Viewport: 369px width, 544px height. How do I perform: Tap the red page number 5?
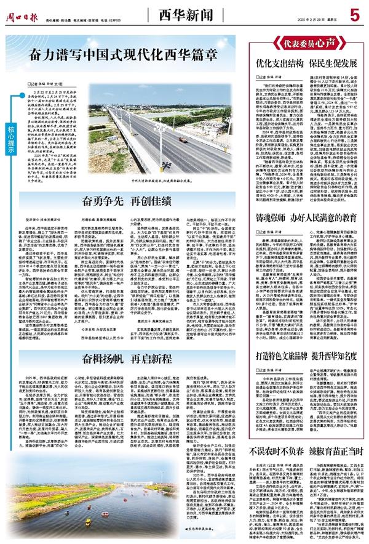click(x=354, y=13)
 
